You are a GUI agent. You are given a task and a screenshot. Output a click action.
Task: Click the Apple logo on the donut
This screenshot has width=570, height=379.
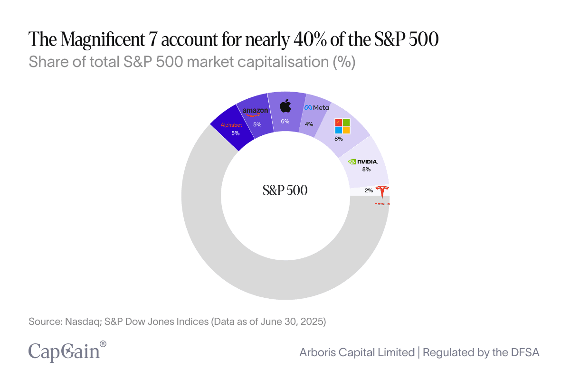pos(285,106)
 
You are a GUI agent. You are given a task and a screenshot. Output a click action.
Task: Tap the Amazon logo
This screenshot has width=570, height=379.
pos(255,112)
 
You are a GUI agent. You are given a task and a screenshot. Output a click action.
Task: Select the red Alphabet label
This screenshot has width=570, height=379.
pos(231,125)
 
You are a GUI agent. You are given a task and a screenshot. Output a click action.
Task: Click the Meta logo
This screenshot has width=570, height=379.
pos(316,108)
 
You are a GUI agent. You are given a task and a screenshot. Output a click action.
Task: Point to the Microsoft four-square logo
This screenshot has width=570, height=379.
pos(342,126)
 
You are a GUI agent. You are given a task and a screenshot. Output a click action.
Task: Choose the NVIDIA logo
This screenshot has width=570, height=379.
pos(363,161)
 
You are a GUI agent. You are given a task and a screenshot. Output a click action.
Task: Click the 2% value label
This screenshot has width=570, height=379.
pos(369,190)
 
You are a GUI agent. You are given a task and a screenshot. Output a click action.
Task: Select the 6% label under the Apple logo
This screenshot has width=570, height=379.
pos(285,121)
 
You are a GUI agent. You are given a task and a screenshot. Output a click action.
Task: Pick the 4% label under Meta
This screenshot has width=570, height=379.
pos(309,124)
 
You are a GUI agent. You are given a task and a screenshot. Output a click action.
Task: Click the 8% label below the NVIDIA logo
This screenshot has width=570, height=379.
pos(366,169)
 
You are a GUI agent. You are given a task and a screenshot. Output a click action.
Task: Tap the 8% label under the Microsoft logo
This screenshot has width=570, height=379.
pos(338,139)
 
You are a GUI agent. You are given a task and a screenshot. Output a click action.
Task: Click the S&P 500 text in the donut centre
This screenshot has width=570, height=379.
pos(285,190)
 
